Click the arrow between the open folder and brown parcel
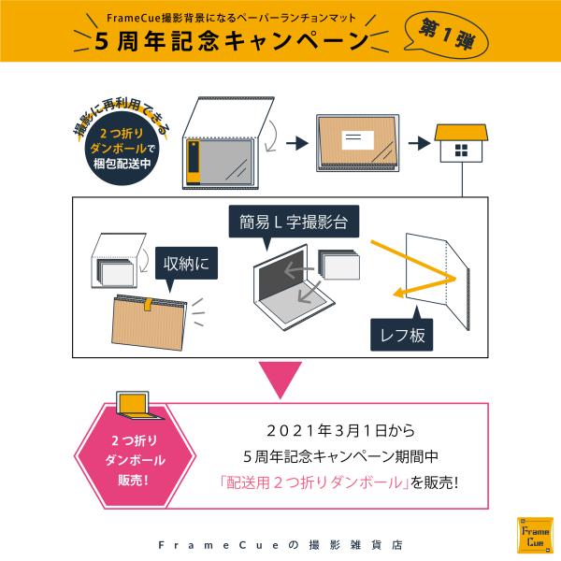pyautogui.click(x=296, y=143)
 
